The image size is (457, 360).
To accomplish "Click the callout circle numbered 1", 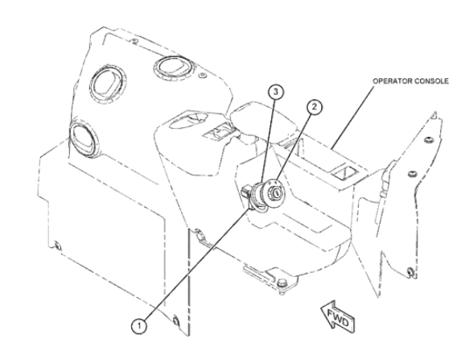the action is pos(139,326).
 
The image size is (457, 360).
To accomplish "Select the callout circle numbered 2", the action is pos(314,107).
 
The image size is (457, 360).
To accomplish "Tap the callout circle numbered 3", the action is pos(276,92).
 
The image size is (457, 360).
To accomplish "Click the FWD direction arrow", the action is pos(338,317).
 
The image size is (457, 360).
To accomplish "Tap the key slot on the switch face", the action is pos(275,192).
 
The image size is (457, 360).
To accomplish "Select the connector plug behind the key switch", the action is pos(245,191).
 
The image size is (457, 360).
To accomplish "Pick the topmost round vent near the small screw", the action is pos(173,68).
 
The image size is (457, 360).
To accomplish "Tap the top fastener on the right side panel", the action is pos(427,140).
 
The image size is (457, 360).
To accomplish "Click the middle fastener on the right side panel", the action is pos(412,174).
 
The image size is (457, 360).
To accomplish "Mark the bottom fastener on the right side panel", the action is pos(410,271).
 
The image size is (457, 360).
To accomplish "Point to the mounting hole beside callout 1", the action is pos(175,321).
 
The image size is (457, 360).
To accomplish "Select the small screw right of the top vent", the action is pos(203,76).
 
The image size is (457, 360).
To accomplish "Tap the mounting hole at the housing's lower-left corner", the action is pos(58,246).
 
